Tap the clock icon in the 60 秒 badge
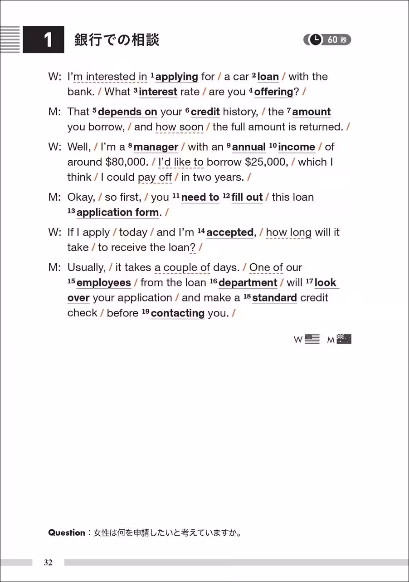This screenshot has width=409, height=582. pos(316,40)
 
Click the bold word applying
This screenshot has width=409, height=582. pos(176,77)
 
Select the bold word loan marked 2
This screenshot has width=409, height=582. pos(268,77)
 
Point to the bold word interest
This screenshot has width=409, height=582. pos(158,92)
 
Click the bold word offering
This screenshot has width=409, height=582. pos(273,92)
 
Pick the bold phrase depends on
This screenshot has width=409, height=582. pos(127,112)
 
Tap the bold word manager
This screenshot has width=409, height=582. pos(156,147)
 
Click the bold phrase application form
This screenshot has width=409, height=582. pos(117,212)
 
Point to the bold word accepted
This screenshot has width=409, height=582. pos(229,232)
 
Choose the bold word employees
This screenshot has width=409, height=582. pos(103,283)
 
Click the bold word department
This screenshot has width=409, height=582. pos(248,283)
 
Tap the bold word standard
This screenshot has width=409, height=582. pos(274,298)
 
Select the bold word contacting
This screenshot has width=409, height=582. pos(177,313)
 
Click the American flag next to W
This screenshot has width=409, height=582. pos(312,339)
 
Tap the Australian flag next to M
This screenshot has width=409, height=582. pos(344,339)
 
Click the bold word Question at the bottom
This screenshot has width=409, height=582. pos(67,533)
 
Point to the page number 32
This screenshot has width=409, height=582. pos(49,562)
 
